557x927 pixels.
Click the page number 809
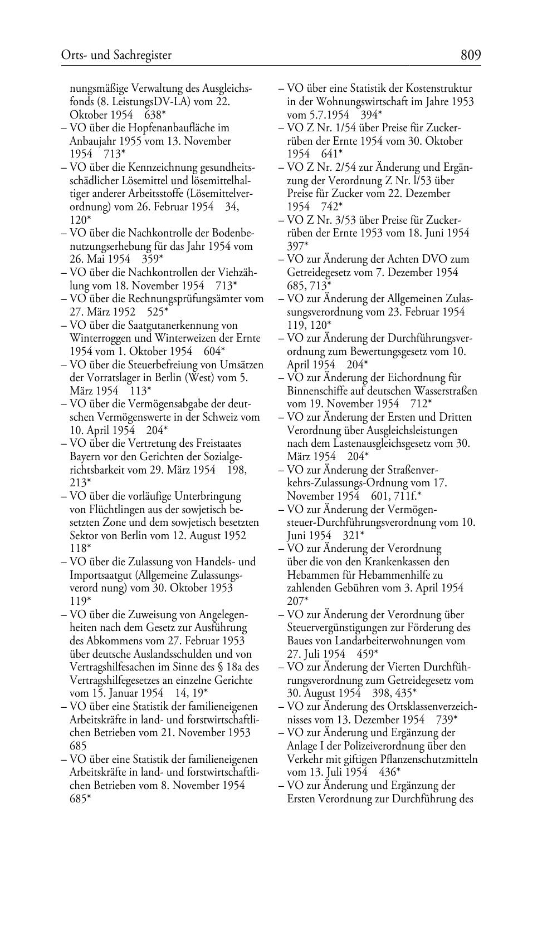coord(470,55)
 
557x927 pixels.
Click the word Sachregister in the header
coord(143,55)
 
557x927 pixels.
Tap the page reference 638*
coord(155,115)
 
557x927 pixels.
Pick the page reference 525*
coord(158,312)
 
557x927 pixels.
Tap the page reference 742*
coord(332,206)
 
